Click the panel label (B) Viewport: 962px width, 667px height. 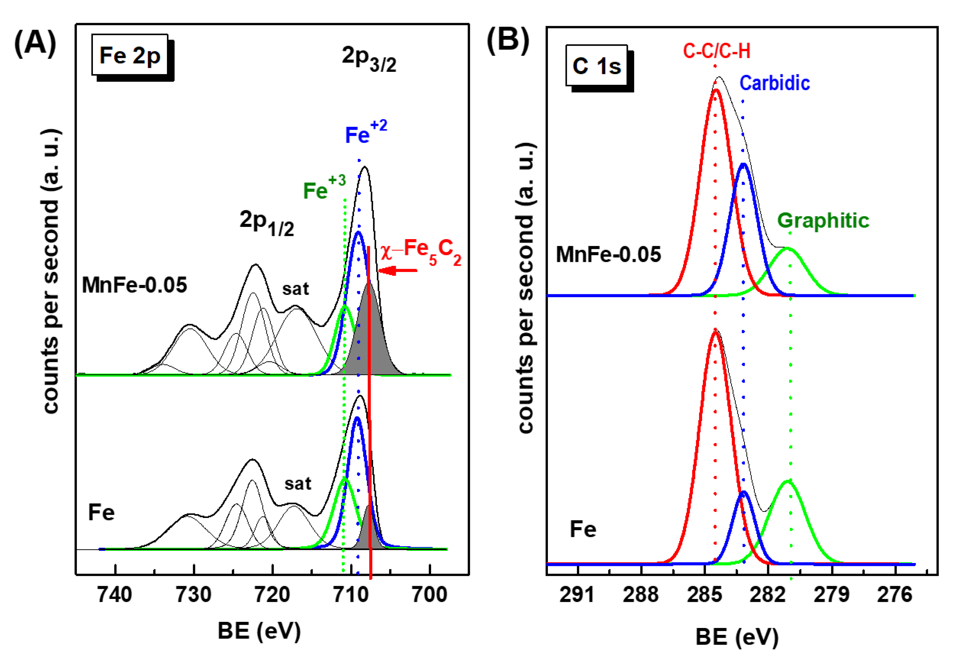coord(508,41)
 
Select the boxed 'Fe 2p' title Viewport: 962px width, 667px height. coord(130,55)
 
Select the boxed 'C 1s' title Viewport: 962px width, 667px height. coord(596,66)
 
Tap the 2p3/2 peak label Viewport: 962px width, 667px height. coord(368,59)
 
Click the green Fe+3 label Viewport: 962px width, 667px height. coord(324,188)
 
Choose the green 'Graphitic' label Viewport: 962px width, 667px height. coord(823,220)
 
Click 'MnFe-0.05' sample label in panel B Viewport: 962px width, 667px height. coord(608,254)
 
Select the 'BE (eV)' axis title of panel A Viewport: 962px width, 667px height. coord(259,631)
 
